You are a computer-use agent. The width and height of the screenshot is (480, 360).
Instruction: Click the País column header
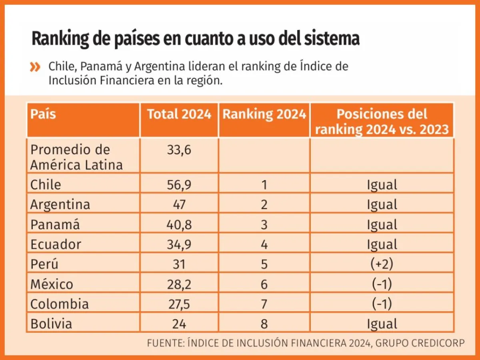click(x=43, y=114)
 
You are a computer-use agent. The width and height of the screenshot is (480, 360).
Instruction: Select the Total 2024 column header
click(x=179, y=114)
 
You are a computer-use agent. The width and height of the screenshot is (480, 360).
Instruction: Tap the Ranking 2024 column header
click(x=264, y=114)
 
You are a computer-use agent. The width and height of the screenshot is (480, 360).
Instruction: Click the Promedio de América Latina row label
click(x=76, y=157)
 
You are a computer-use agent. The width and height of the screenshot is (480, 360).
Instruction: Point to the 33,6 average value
click(x=179, y=150)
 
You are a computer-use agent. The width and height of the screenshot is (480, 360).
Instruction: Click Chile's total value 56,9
click(x=179, y=185)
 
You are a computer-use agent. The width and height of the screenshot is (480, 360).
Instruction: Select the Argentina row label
click(x=60, y=205)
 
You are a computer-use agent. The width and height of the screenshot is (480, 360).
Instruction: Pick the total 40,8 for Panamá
click(x=179, y=225)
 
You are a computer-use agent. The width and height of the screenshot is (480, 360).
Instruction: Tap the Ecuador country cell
click(x=56, y=244)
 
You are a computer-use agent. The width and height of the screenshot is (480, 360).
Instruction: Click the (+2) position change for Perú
click(x=382, y=264)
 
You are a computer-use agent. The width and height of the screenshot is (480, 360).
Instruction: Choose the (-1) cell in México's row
click(x=382, y=284)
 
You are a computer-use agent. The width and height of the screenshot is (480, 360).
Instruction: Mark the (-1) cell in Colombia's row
click(x=382, y=304)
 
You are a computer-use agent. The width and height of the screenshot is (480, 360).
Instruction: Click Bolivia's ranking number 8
click(x=264, y=324)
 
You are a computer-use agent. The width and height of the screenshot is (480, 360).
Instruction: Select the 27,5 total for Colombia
click(x=179, y=304)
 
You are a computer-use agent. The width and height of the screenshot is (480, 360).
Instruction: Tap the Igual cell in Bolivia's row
click(x=382, y=324)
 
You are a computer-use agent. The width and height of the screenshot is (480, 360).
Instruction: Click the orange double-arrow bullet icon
click(x=36, y=67)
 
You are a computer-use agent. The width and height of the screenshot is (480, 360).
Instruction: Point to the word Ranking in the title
click(x=60, y=40)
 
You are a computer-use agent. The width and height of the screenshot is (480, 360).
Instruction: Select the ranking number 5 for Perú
click(x=264, y=264)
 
